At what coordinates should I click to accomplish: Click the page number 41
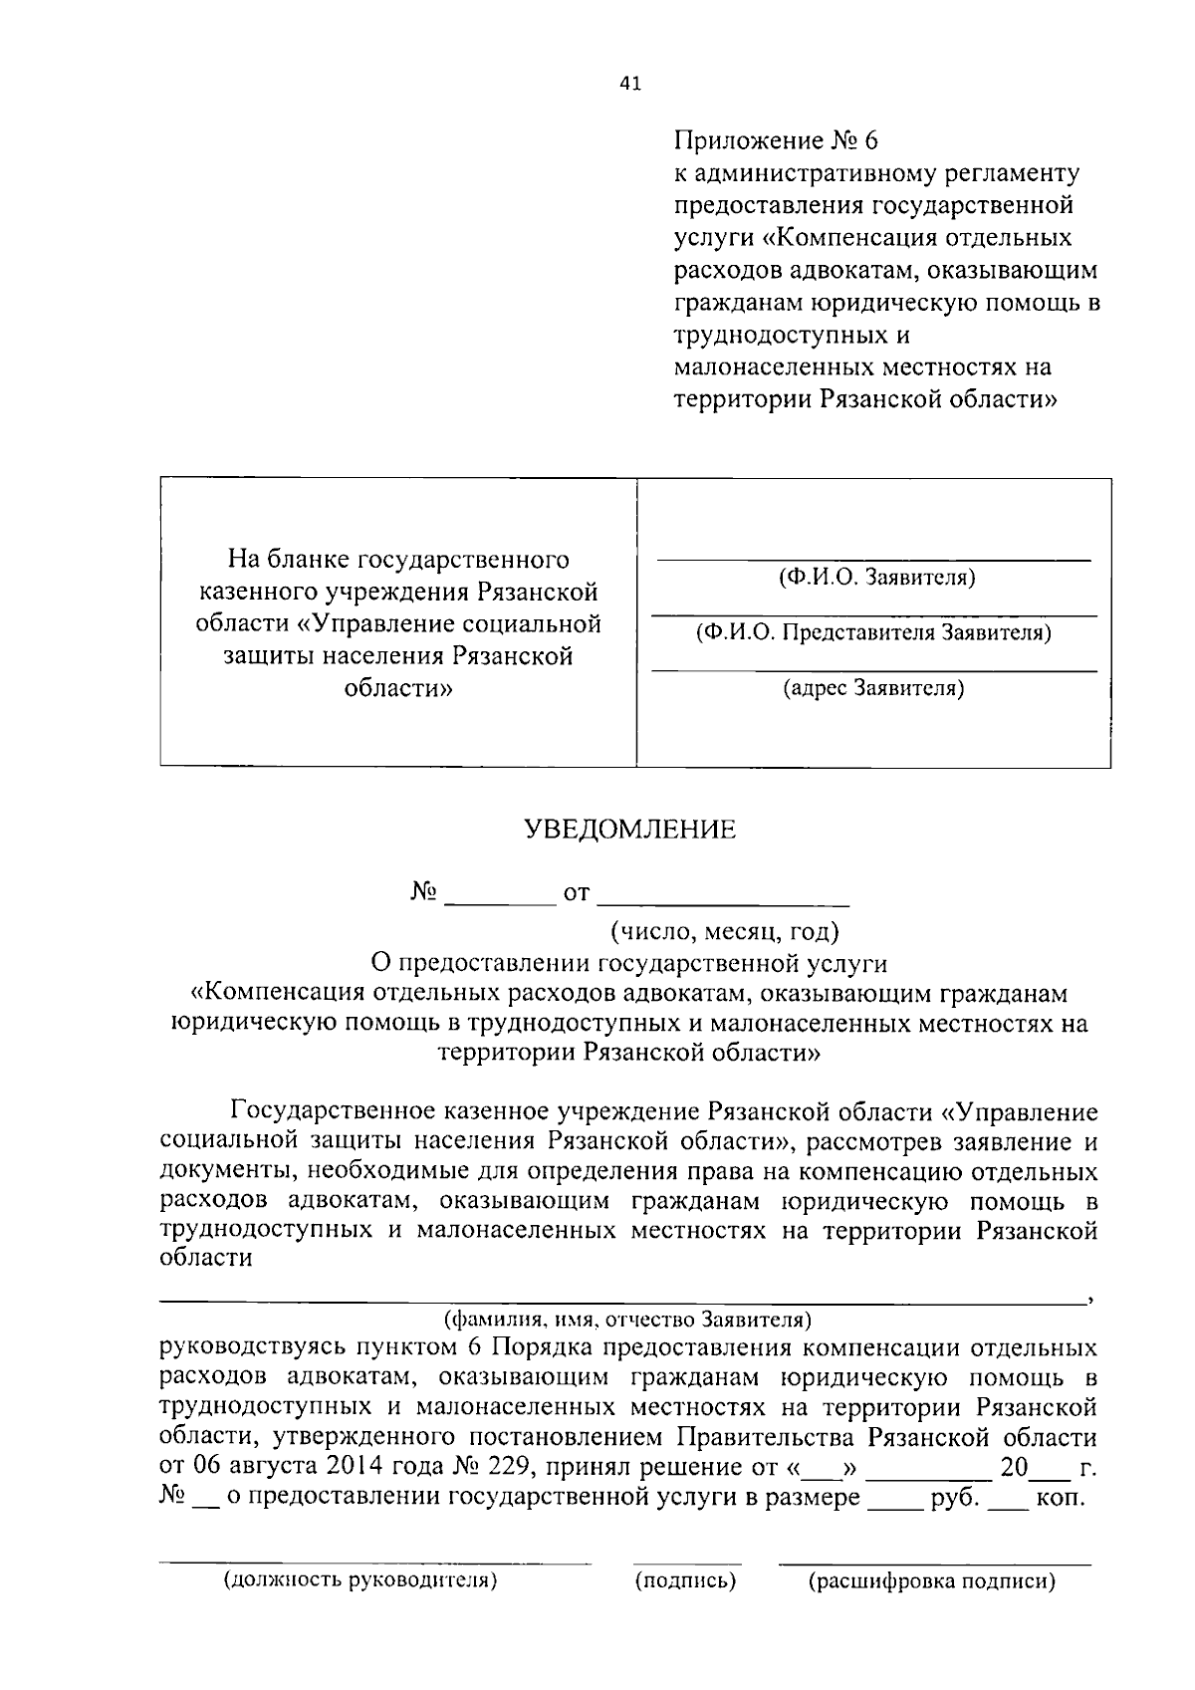coord(630,84)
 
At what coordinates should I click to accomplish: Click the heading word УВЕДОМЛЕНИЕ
coord(630,830)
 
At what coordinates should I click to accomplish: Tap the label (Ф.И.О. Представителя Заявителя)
coord(874,633)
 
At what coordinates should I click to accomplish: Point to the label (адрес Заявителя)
coord(873,688)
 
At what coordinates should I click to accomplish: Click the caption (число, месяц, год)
coord(725,932)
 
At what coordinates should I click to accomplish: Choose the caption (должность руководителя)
coord(360,1580)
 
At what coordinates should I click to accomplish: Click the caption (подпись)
coord(686,1580)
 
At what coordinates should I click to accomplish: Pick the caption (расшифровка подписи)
coord(932,1581)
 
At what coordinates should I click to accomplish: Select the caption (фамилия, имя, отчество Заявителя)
coord(627,1321)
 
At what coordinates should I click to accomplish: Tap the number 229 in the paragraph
coord(504,1467)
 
